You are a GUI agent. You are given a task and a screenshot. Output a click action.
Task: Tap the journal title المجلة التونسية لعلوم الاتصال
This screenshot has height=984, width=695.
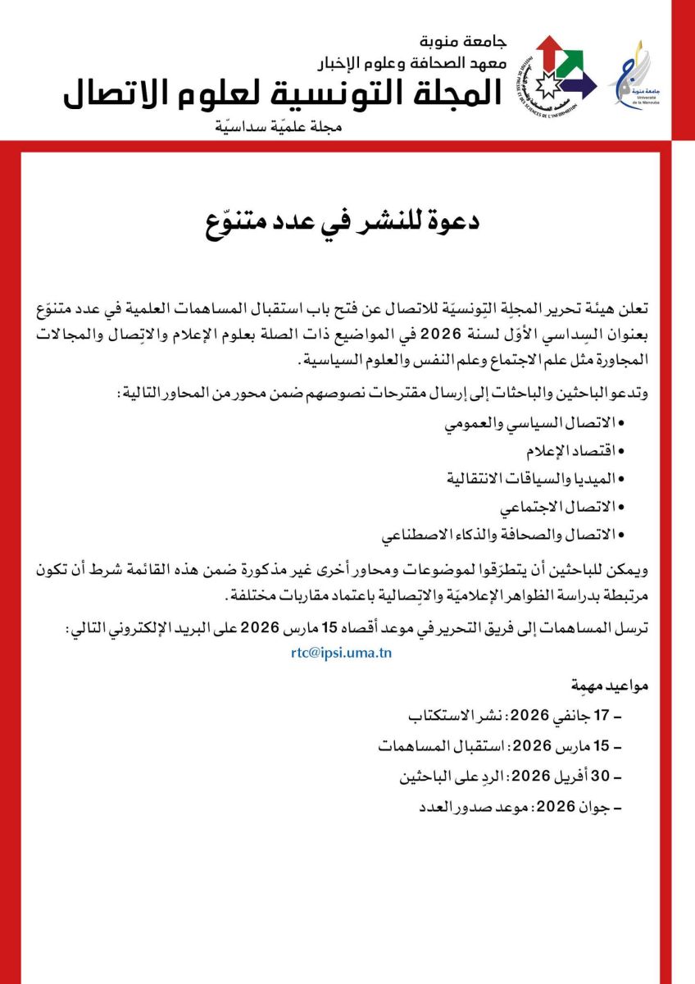[283, 95]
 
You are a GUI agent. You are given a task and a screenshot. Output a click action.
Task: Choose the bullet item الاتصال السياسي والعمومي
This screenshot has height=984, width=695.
[534, 424]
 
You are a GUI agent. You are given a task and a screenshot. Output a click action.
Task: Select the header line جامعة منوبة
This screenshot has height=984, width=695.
[462, 41]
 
